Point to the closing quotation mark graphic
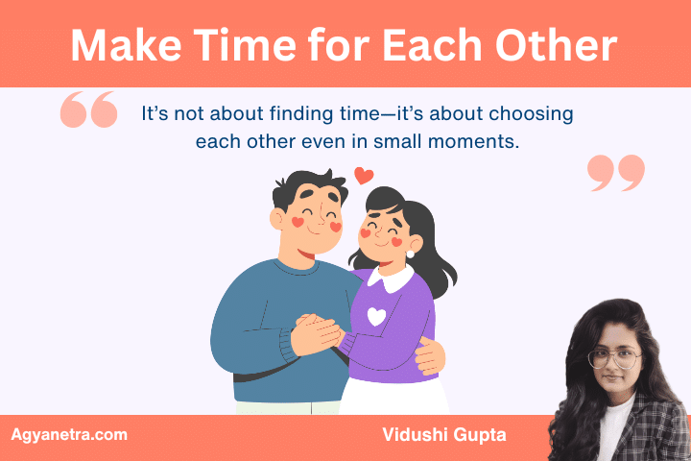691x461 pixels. point(615,172)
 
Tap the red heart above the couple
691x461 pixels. point(363,175)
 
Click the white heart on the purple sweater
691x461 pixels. point(377,316)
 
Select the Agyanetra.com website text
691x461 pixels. point(69,435)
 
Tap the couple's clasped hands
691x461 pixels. point(316,333)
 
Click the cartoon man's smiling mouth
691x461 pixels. point(310,246)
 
